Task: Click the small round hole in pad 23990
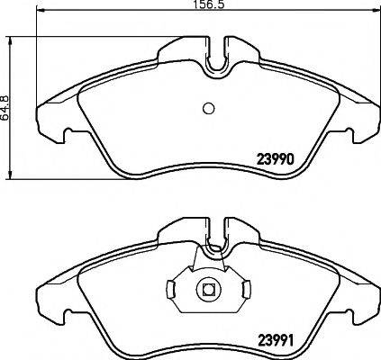[x=208, y=109]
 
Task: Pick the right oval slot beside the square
[x=244, y=290]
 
